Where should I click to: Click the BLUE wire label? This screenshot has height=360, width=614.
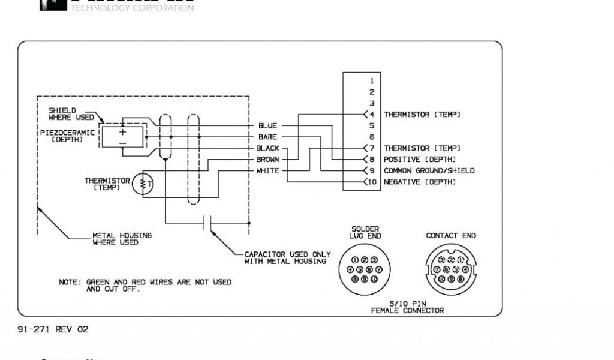[x=267, y=126]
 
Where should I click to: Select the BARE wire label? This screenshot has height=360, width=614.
[x=267, y=137]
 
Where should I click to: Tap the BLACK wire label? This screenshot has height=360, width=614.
[x=267, y=148]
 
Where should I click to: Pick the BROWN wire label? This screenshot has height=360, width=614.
[x=267, y=160]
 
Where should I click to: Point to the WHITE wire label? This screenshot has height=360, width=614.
[x=267, y=171]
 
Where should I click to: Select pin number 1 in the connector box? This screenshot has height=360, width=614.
[x=372, y=80]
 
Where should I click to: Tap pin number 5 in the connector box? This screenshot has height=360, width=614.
[x=372, y=126]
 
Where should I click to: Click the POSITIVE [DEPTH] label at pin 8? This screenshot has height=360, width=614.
[x=420, y=160]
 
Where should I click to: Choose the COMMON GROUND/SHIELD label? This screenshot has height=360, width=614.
[x=429, y=171]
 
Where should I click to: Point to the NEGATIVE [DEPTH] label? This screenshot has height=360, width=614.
[x=420, y=182]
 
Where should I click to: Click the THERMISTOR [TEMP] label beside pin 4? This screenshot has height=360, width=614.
[x=422, y=114]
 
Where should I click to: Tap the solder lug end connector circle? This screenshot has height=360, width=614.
[x=365, y=269]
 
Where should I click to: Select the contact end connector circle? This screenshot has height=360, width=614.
[x=451, y=269]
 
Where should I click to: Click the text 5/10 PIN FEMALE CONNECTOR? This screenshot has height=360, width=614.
[x=408, y=307]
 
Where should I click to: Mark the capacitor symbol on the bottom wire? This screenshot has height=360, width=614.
[x=207, y=224]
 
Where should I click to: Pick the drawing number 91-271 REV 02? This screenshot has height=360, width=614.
[x=53, y=329]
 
